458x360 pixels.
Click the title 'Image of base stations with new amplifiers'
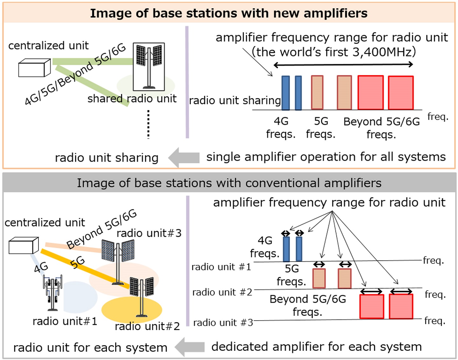(x=229, y=13)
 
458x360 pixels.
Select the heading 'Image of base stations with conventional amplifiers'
(x=229, y=183)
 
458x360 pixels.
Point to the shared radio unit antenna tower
(x=149, y=67)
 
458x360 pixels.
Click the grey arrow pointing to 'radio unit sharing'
(x=184, y=157)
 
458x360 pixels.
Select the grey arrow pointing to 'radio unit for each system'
(x=190, y=347)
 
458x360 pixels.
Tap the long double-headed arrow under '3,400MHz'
(x=343, y=65)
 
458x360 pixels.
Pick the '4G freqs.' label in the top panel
(x=281, y=128)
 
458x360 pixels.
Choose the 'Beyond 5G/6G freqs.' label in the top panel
(x=381, y=128)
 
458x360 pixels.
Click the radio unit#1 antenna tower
(x=52, y=293)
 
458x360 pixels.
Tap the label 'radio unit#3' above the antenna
(x=149, y=233)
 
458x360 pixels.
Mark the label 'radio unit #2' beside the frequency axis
(x=222, y=292)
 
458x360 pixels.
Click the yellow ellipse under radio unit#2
(x=131, y=309)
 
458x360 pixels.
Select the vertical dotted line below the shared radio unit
(x=148, y=124)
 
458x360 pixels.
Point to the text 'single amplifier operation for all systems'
(x=326, y=157)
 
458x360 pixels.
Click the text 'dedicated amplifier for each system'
(x=316, y=347)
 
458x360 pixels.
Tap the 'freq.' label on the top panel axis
(x=438, y=116)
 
